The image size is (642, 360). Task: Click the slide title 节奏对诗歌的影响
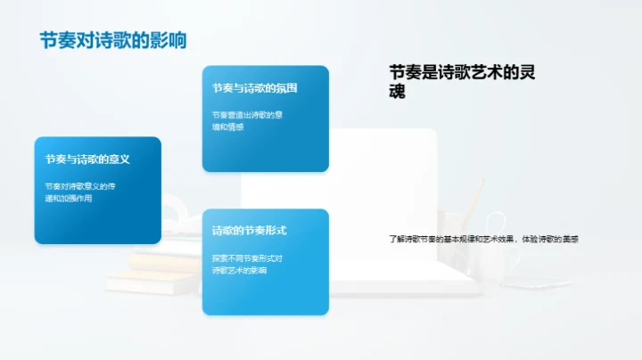click(x=112, y=41)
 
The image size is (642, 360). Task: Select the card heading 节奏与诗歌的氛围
click(x=254, y=88)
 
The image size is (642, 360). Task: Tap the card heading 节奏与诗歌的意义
click(x=88, y=160)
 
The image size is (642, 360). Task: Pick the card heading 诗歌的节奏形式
click(x=249, y=231)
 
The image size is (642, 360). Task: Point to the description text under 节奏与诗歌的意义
click(x=79, y=192)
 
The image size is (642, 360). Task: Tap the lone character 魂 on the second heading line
click(x=398, y=91)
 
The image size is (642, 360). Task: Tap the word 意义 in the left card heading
click(x=119, y=160)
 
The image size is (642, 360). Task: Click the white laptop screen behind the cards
click(x=383, y=178)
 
